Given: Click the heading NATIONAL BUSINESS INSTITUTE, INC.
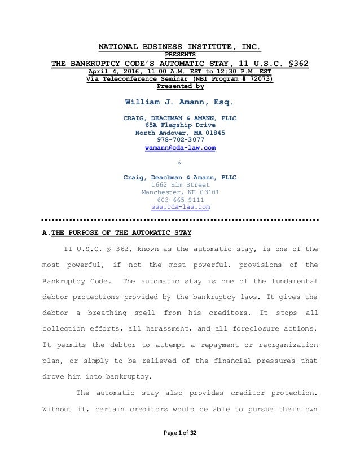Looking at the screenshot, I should pos(179,46).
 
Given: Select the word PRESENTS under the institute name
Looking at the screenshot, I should pos(179,55).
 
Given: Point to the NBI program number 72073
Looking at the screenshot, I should pos(259,80).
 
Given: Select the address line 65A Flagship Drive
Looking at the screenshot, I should pos(179,125).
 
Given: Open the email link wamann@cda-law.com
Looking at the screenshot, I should pos(179,148).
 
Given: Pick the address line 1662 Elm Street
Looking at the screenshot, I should pos(179,184).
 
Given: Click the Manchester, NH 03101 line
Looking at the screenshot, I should pos(179,192).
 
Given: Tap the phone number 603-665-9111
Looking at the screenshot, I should pos(179,200).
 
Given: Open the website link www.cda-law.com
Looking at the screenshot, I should pos(179,207).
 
